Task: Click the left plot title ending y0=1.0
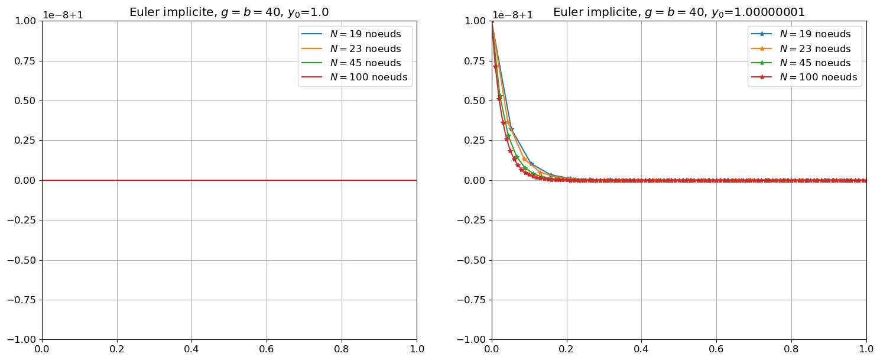(229, 12)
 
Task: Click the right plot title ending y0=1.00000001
(679, 12)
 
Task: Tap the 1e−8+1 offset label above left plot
(63, 15)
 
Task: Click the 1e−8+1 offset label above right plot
(513, 15)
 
